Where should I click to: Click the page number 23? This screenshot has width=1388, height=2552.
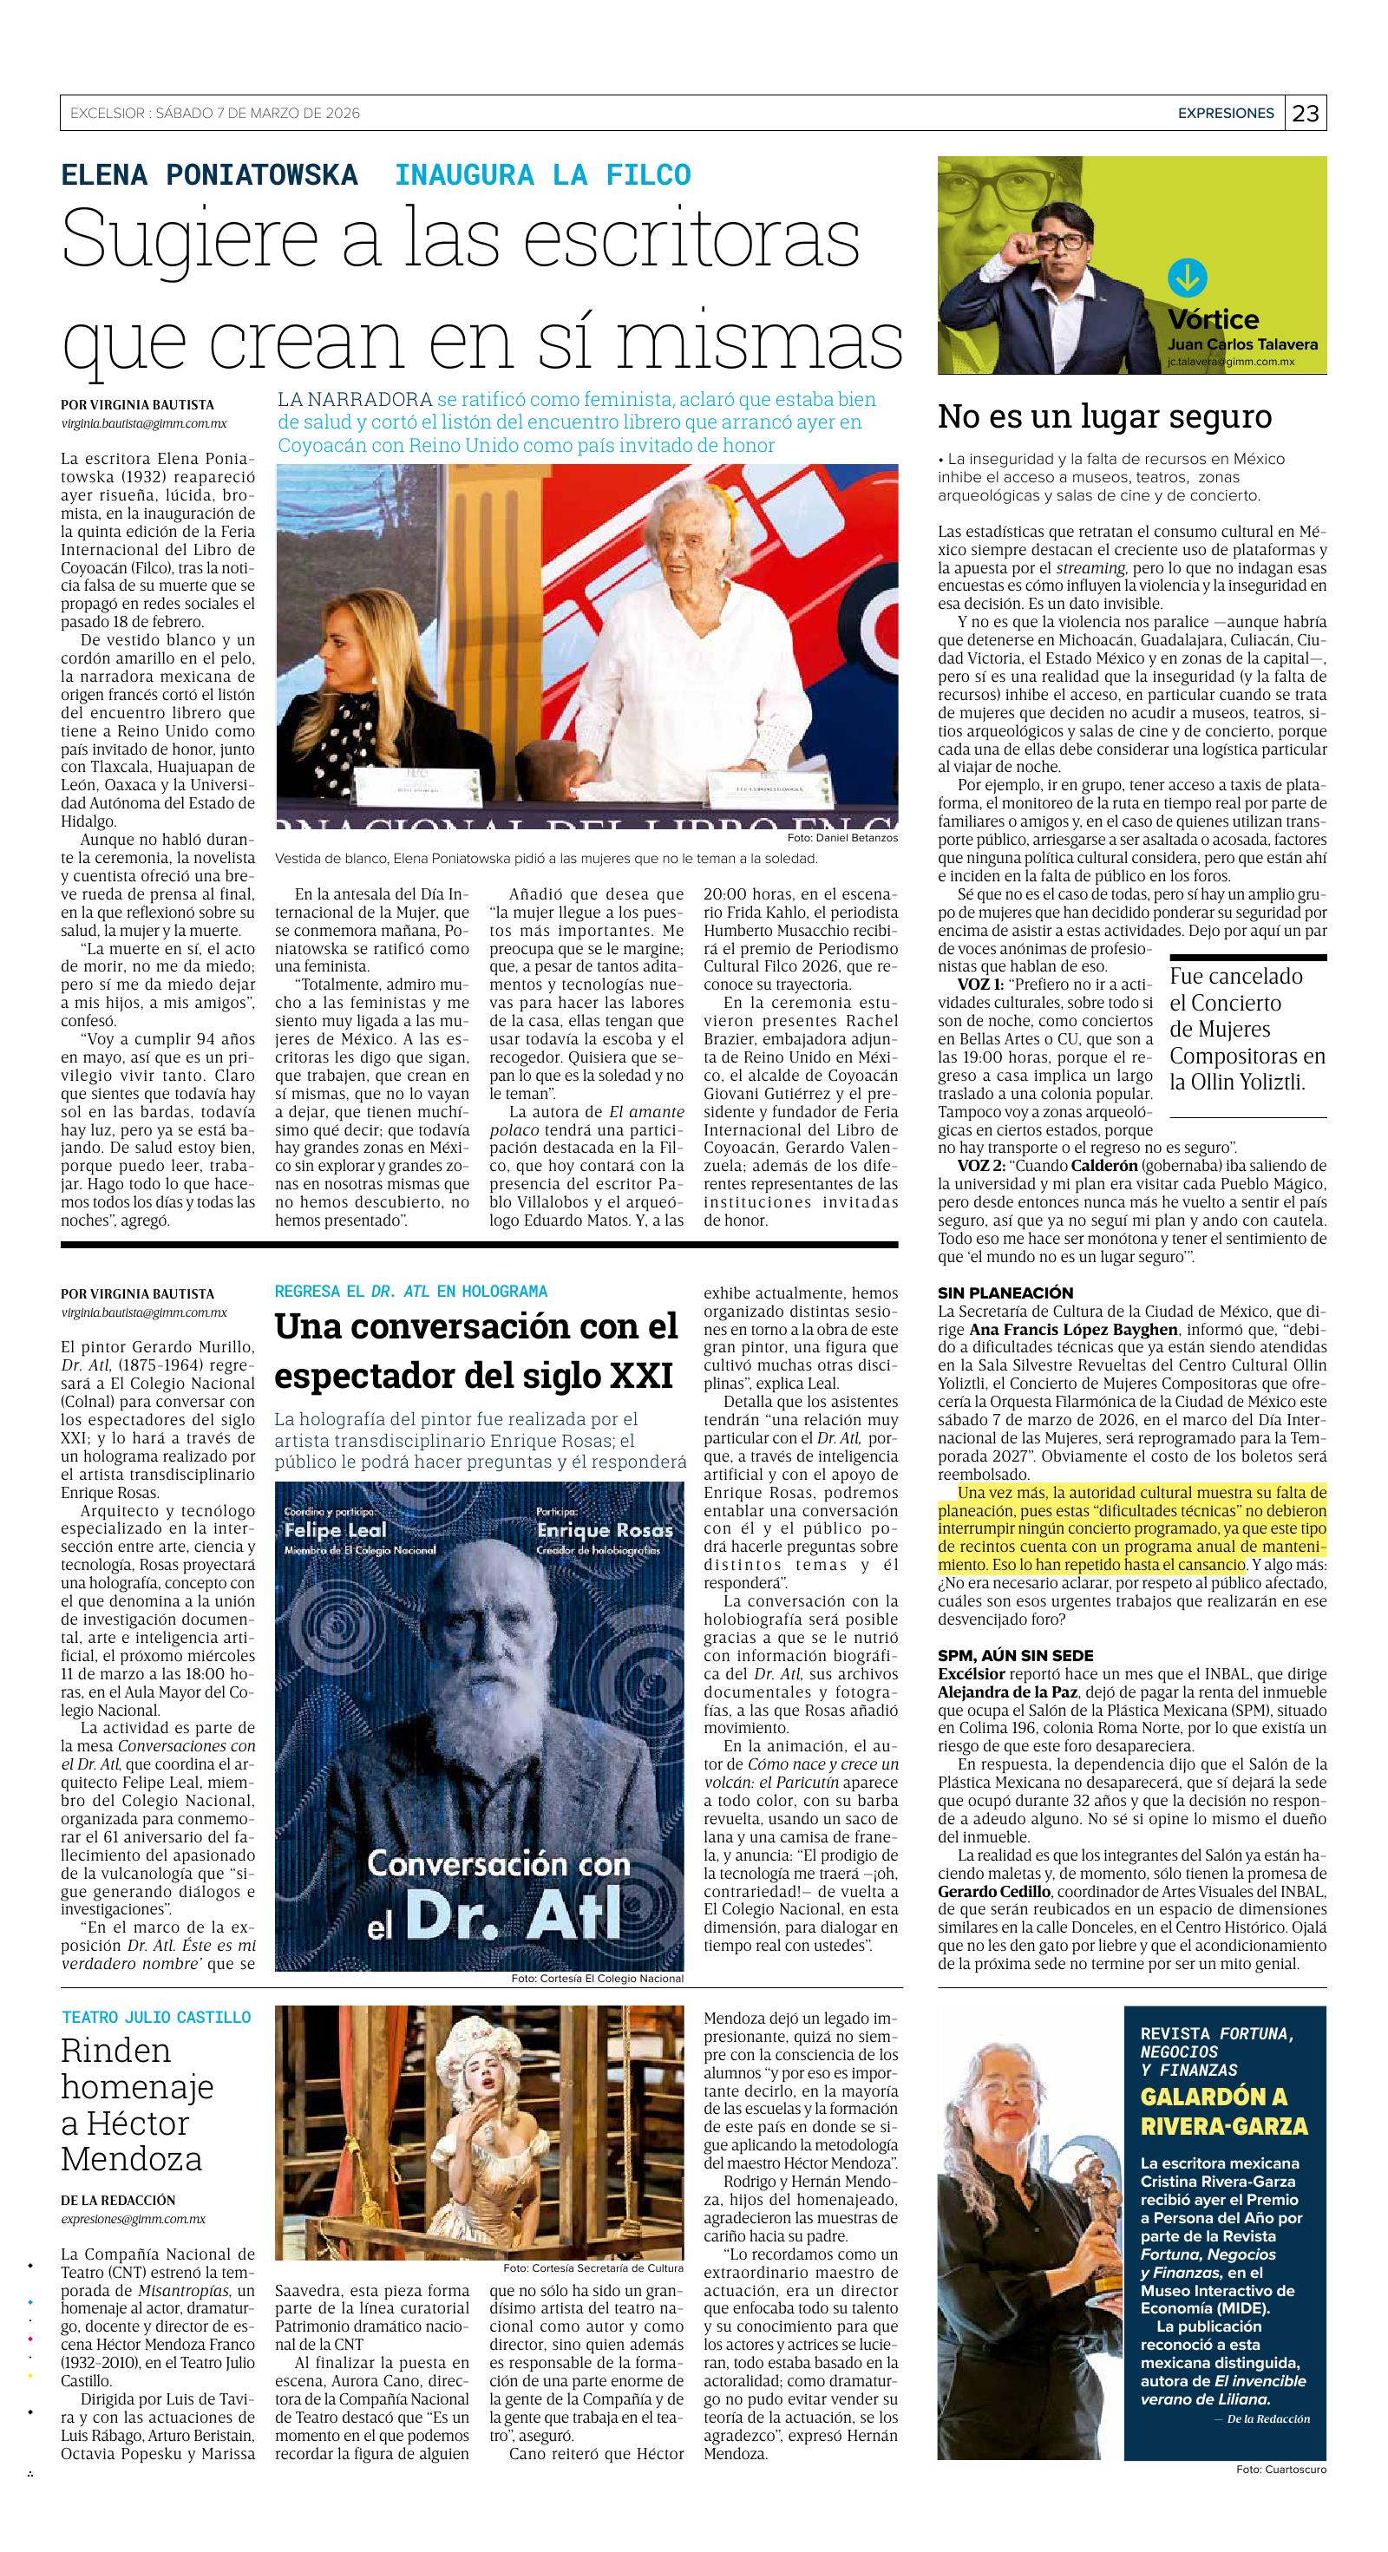click(x=1306, y=113)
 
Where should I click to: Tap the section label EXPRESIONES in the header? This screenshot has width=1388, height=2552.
click(x=1226, y=113)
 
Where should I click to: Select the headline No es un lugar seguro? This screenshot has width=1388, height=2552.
click(x=1104, y=416)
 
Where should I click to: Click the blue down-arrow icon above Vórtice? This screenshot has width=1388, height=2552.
click(x=1186, y=278)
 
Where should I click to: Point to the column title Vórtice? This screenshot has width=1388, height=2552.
click(x=1213, y=320)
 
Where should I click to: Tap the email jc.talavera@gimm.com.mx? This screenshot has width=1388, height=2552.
click(x=1244, y=363)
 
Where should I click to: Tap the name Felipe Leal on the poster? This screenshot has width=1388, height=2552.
click(x=328, y=1531)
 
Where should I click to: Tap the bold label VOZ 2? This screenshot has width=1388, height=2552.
click(x=979, y=1165)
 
